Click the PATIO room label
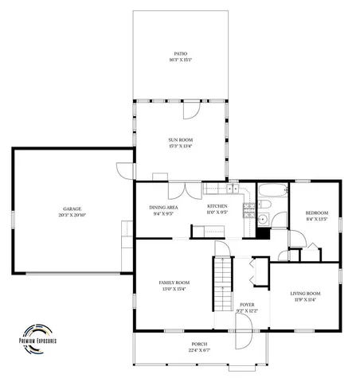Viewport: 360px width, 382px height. point(180,53)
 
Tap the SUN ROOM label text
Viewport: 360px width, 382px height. point(180,139)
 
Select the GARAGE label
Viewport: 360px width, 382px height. point(72,210)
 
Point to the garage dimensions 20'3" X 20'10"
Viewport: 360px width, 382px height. point(72,216)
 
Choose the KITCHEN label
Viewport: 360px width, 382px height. point(217,207)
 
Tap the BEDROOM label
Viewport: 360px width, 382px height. point(317,212)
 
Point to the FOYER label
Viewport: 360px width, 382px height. point(248,305)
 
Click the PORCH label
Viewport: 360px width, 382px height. point(199,344)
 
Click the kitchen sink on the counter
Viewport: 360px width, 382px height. point(233,189)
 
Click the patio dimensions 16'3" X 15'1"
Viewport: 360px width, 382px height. point(180,60)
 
